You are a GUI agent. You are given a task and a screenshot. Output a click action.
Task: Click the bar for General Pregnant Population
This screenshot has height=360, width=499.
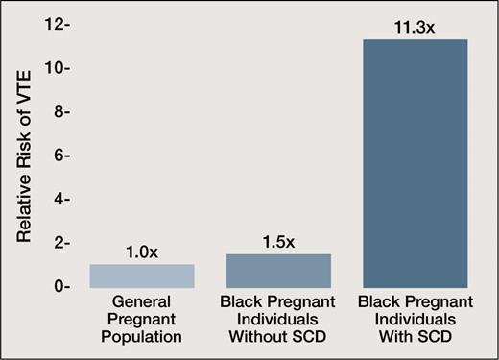coord(142,276)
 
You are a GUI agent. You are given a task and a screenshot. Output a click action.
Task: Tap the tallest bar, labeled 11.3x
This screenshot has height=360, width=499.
coord(415,163)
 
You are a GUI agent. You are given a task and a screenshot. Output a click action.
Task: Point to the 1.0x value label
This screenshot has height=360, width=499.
coord(142,253)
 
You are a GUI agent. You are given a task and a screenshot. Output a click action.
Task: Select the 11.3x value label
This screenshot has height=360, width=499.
coord(415,28)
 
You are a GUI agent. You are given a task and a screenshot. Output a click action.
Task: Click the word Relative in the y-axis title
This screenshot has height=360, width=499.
coord(28,209)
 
